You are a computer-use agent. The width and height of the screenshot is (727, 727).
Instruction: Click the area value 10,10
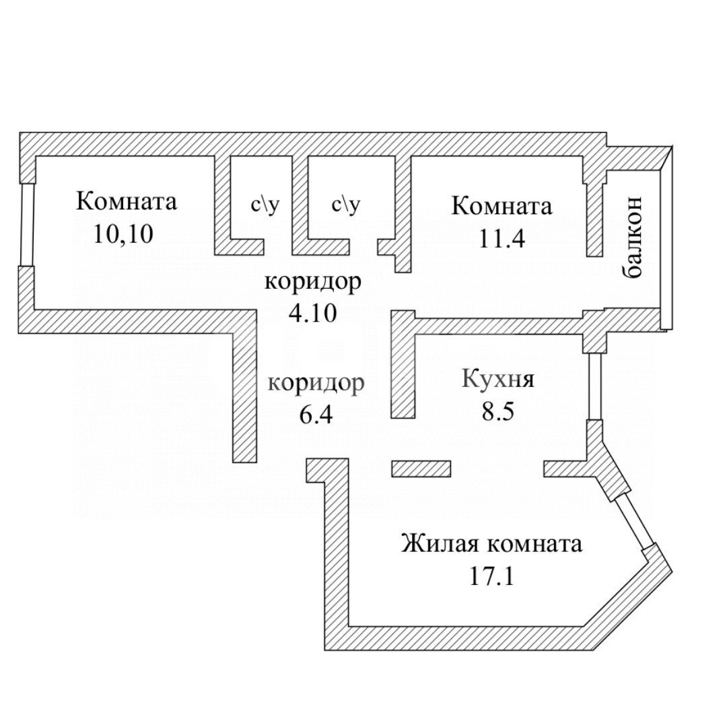pos(125,234)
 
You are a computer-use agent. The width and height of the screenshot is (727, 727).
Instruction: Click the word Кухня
pos(498,379)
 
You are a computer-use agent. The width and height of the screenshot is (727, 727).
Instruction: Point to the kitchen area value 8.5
pos(498,411)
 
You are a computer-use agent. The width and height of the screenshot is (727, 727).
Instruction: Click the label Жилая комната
pos(491,544)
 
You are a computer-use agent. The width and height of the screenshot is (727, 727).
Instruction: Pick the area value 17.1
pos(491,576)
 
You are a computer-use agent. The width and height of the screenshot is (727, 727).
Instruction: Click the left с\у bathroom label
pos(262,204)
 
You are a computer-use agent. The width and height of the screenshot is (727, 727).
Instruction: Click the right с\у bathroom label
pos(345,204)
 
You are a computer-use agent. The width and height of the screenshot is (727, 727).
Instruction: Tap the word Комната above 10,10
pos(127,201)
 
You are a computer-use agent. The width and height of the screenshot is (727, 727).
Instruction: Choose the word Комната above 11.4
pos(501,205)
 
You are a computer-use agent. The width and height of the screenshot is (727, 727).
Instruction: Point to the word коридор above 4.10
pos(312,281)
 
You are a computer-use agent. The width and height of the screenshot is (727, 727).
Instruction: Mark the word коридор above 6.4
pos(316,383)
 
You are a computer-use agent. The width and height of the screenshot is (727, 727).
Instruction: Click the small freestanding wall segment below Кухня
pos(421,469)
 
